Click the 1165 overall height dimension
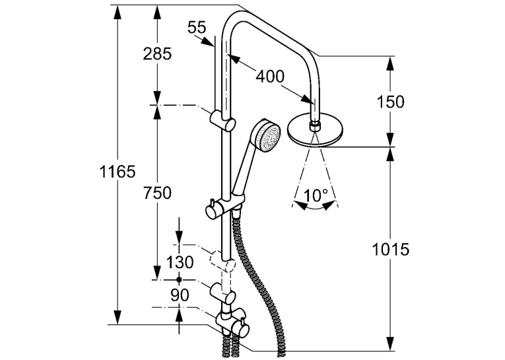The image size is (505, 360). click(118, 172)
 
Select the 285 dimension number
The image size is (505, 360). click(158, 54)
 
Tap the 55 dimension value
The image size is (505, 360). click(197, 27)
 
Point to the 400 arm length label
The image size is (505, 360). click(270, 77)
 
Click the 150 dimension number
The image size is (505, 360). click(390, 102)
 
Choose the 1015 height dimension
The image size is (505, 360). click(391, 249)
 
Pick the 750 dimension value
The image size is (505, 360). click(158, 194)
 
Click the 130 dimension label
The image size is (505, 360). click(180, 262)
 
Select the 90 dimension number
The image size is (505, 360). click(180, 295)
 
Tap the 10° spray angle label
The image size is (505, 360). click(316, 196)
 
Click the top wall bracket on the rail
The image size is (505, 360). click(222, 120)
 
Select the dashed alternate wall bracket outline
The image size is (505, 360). click(222, 261)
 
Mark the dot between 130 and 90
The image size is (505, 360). click(180, 279)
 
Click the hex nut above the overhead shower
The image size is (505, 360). click(315, 126)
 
